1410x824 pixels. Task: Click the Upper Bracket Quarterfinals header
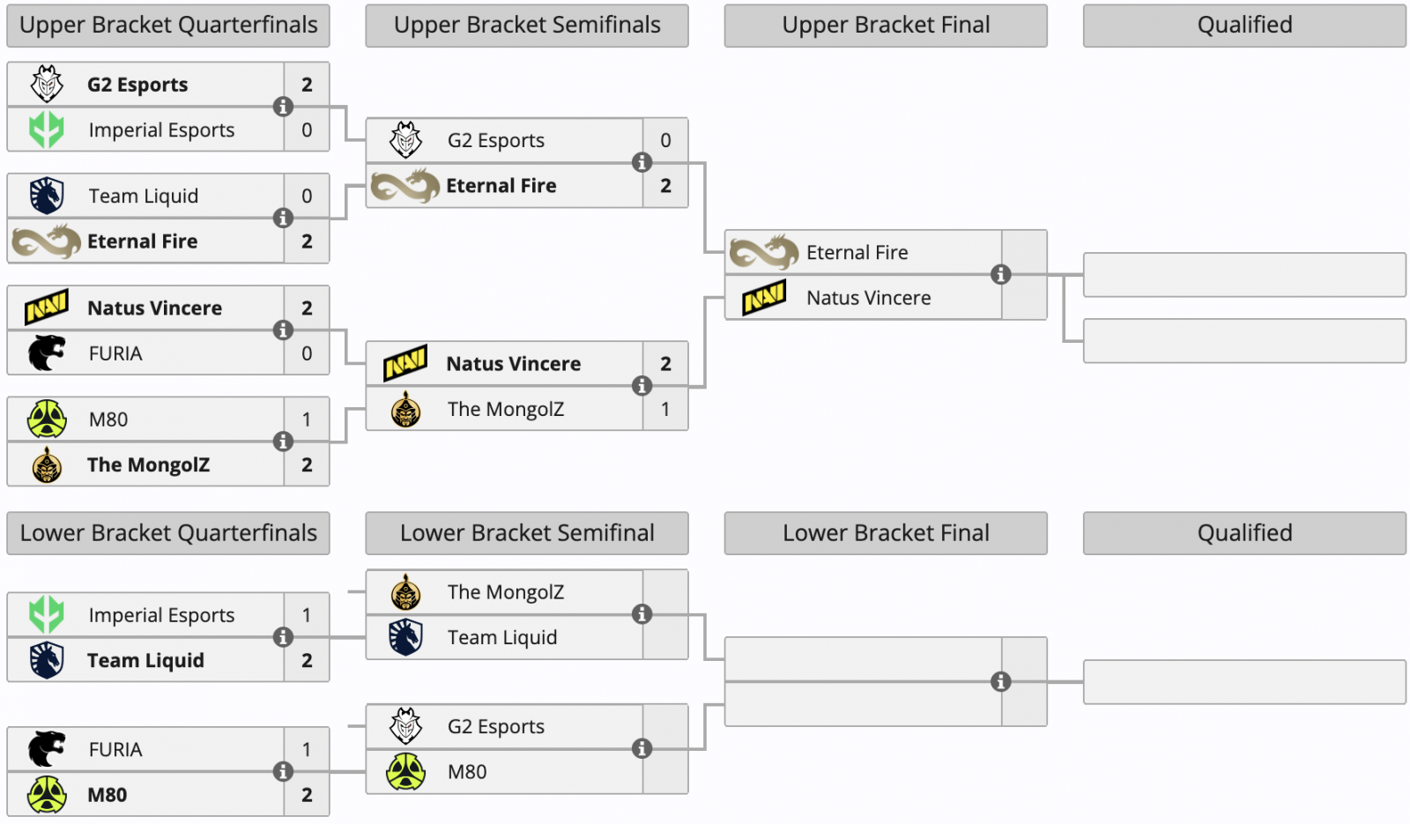pos(168,26)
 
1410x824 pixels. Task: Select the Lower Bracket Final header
pos(886,533)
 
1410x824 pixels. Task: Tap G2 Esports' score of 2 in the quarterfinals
pos(307,85)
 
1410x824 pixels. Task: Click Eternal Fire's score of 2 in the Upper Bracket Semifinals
pos(665,186)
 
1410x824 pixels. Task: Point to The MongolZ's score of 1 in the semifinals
pos(665,409)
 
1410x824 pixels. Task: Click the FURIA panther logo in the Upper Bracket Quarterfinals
pos(47,353)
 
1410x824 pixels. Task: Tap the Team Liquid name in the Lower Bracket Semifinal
pos(501,637)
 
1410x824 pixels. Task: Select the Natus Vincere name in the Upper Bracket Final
pos(868,298)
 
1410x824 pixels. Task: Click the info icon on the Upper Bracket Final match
pos(1000,274)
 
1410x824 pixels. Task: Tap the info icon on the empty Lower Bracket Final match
pos(1000,681)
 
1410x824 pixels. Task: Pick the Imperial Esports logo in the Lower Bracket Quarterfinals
pos(47,615)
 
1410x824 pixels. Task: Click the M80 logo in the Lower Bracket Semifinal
pos(405,772)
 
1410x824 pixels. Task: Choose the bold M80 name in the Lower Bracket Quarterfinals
pos(107,795)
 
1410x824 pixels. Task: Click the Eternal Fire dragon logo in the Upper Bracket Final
pos(764,253)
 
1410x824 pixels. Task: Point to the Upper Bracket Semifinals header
pos(527,26)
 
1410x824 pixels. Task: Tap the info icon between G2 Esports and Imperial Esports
pos(283,107)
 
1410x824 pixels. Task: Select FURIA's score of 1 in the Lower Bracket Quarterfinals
pos(307,749)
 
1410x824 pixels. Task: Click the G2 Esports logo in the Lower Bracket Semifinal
pos(405,726)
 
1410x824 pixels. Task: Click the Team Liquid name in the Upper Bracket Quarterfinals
pos(143,196)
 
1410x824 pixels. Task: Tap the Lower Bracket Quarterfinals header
pos(168,533)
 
